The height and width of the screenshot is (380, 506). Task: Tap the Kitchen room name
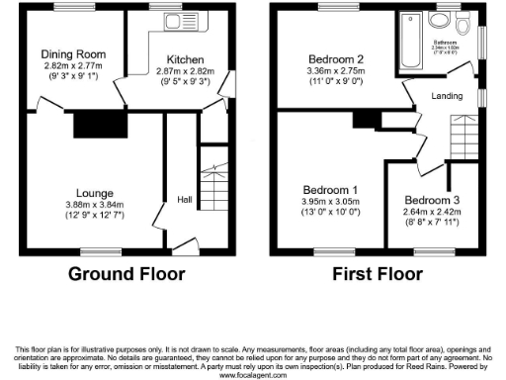pyautogui.click(x=185, y=59)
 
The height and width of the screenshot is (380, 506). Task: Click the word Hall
pyautogui.click(x=185, y=197)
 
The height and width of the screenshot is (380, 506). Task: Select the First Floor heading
pyautogui.click(x=380, y=275)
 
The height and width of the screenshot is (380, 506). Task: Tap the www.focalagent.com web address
pyautogui.click(x=253, y=374)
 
